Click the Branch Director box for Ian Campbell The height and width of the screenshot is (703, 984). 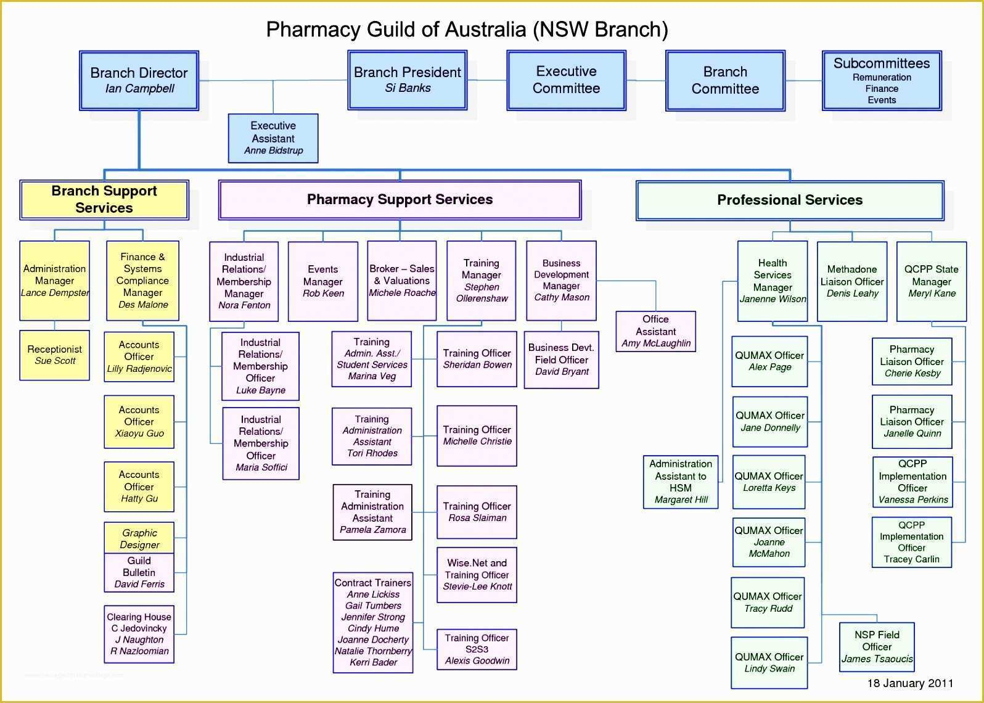click(139, 81)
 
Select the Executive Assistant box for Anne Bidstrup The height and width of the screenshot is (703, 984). click(273, 138)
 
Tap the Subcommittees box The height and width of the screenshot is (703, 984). click(881, 81)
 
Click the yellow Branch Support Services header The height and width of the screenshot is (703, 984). click(104, 199)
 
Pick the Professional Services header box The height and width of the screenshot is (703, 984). click(789, 200)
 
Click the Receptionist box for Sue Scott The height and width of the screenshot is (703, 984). click(54, 355)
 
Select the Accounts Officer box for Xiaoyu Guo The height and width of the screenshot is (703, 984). click(139, 422)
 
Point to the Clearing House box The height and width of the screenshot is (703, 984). click(139, 634)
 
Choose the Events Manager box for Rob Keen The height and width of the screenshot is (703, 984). click(322, 281)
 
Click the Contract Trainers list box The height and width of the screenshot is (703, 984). click(373, 622)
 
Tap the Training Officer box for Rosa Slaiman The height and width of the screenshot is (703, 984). click(477, 512)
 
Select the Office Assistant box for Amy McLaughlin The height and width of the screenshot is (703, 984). click(655, 331)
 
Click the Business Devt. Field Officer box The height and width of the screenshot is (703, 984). click(561, 360)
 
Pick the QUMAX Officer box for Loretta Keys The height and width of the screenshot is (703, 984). click(769, 482)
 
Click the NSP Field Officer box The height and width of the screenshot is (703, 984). click(877, 647)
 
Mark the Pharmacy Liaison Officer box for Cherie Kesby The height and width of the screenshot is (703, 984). click(912, 361)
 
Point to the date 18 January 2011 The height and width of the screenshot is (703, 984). click(910, 683)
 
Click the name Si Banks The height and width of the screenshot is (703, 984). click(408, 88)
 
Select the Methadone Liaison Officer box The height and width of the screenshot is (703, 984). click(852, 281)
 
